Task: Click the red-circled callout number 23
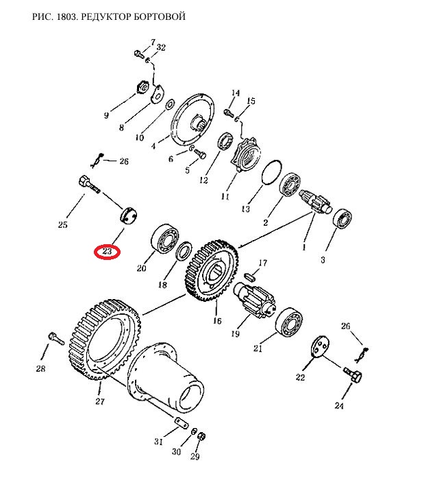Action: (107, 251)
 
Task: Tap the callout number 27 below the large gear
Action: (100, 401)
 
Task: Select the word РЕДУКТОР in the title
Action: (106, 16)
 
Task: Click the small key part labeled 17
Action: (250, 276)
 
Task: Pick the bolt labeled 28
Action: (56, 338)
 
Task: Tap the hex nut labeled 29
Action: (201, 436)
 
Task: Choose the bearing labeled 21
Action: (289, 322)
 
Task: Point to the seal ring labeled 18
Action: (184, 251)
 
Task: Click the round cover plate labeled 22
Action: (319, 347)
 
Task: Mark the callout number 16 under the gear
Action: (217, 320)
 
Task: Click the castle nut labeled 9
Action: (143, 87)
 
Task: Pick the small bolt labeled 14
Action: (229, 112)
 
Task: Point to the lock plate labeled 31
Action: (181, 424)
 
